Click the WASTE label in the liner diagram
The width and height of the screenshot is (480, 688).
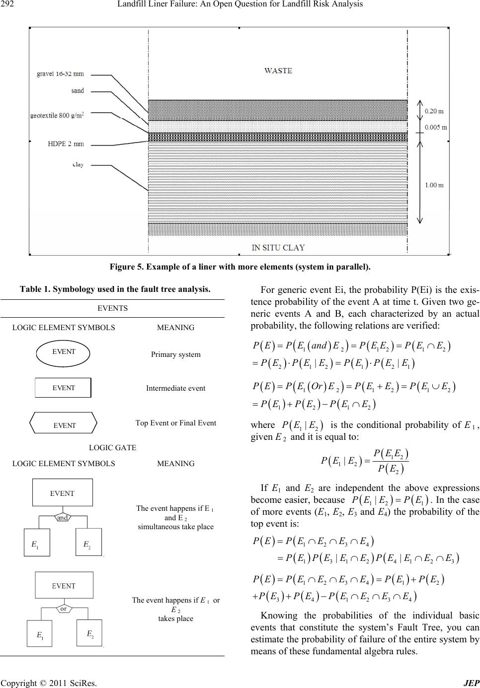coord(278,70)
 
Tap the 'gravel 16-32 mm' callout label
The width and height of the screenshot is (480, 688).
coord(60,74)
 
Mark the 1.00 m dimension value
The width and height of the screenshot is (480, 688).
coord(434,185)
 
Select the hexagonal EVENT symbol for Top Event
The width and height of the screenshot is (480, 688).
coord(64,425)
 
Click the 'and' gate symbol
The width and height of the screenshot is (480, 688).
coord(63,517)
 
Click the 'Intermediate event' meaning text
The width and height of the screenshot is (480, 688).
coord(175,388)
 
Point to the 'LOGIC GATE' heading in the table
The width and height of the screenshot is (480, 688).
coord(112,447)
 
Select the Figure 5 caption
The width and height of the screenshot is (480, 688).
coord(240,267)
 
